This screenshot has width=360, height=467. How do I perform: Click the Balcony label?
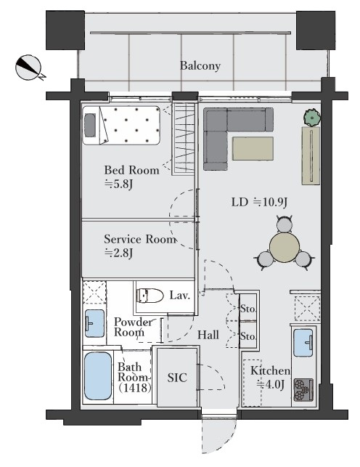[200, 66]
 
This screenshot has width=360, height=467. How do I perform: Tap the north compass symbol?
[29, 68]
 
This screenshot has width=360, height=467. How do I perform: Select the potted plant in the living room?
[312, 118]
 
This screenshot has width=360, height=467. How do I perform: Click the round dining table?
[285, 247]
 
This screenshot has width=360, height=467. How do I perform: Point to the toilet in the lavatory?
[150, 296]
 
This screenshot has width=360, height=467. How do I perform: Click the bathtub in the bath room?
[97, 376]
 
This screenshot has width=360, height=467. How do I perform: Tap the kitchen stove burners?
[303, 390]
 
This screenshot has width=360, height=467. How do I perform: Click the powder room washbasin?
[94, 323]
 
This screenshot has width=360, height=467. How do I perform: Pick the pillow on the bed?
[90, 125]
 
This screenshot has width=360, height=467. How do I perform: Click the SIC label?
[177, 378]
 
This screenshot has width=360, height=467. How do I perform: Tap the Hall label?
[208, 335]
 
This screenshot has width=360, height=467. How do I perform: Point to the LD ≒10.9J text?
[259, 203]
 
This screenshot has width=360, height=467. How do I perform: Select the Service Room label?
[140, 239]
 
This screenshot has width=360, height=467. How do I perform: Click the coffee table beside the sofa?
[253, 148]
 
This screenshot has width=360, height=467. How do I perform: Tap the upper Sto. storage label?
[247, 309]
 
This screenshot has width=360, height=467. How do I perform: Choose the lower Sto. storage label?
[247, 336]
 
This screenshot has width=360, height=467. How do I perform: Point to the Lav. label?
[180, 296]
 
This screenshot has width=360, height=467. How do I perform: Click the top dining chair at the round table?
[284, 224]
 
